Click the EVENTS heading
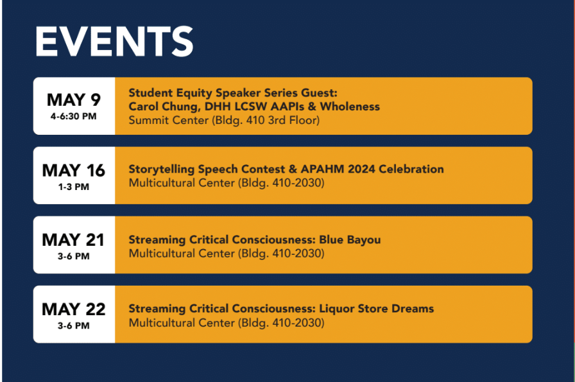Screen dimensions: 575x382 [114, 42]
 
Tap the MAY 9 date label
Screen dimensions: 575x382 [74, 100]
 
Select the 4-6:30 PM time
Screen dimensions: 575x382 [73, 116]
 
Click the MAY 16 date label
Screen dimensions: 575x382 [74, 170]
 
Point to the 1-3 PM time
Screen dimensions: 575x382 [73, 187]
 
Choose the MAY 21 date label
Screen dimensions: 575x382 [73, 240]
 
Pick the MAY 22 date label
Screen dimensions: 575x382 [74, 309]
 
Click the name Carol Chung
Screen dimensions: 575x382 [163, 107]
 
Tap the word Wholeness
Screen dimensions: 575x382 [350, 107]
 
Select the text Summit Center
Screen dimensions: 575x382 [168, 120]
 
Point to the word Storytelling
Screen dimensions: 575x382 [162, 169]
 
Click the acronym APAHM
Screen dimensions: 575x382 [322, 169]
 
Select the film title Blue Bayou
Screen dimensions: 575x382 [350, 240]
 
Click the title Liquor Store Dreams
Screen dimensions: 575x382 [377, 309]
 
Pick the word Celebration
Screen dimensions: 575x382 [411, 169]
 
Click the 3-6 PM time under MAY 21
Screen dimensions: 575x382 [73, 256]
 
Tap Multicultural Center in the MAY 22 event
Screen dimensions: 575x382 [182, 323]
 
